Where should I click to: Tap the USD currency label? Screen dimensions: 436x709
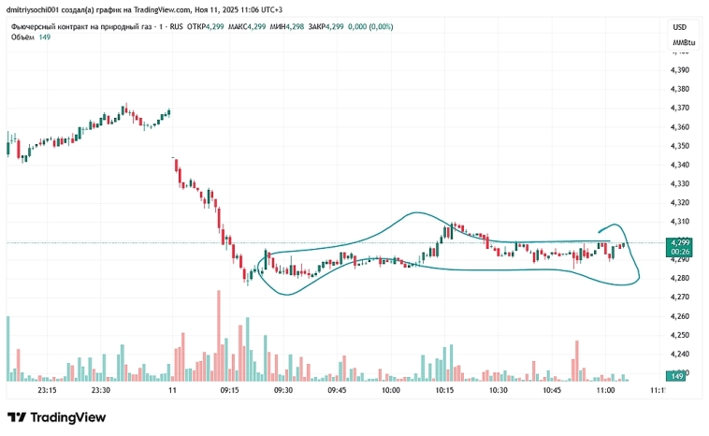(679, 27)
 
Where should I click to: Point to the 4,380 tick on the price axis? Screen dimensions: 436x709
(679, 89)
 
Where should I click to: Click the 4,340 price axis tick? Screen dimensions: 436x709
(679, 165)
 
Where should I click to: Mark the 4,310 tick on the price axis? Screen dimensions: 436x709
(679, 222)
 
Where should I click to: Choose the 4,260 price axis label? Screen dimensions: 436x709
(679, 316)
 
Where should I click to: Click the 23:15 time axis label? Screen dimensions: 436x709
(47, 390)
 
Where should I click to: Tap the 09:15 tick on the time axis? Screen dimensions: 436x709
(228, 390)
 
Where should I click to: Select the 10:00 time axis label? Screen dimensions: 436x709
(391, 390)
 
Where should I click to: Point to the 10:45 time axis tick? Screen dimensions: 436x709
(552, 390)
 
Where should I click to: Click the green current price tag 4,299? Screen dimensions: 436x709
(680, 242)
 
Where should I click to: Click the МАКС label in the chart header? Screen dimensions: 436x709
(230, 26)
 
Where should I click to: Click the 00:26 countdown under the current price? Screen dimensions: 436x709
(680, 252)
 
